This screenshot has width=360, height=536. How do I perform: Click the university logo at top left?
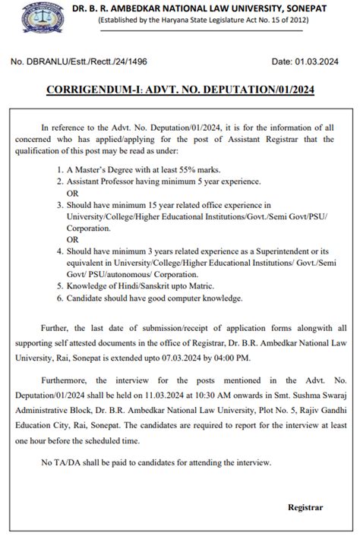(21, 17)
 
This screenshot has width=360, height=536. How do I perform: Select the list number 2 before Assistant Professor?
(60, 181)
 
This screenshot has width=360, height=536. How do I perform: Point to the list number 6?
(60, 298)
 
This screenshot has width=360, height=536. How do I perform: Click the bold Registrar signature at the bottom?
(305, 506)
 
